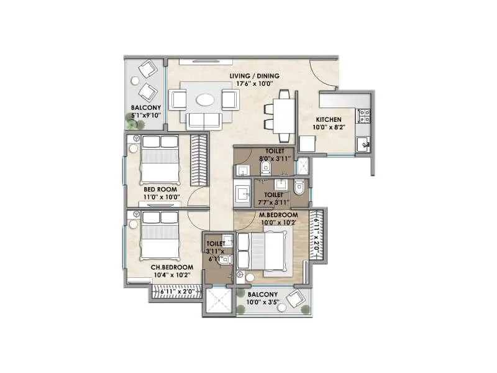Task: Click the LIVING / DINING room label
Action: click(254, 76)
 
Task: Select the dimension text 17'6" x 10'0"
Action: click(254, 84)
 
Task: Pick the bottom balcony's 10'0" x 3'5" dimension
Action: click(263, 303)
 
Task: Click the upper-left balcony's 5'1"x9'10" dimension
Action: click(146, 114)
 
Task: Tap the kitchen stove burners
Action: click(364, 115)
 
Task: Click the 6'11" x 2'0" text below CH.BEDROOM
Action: click(177, 290)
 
